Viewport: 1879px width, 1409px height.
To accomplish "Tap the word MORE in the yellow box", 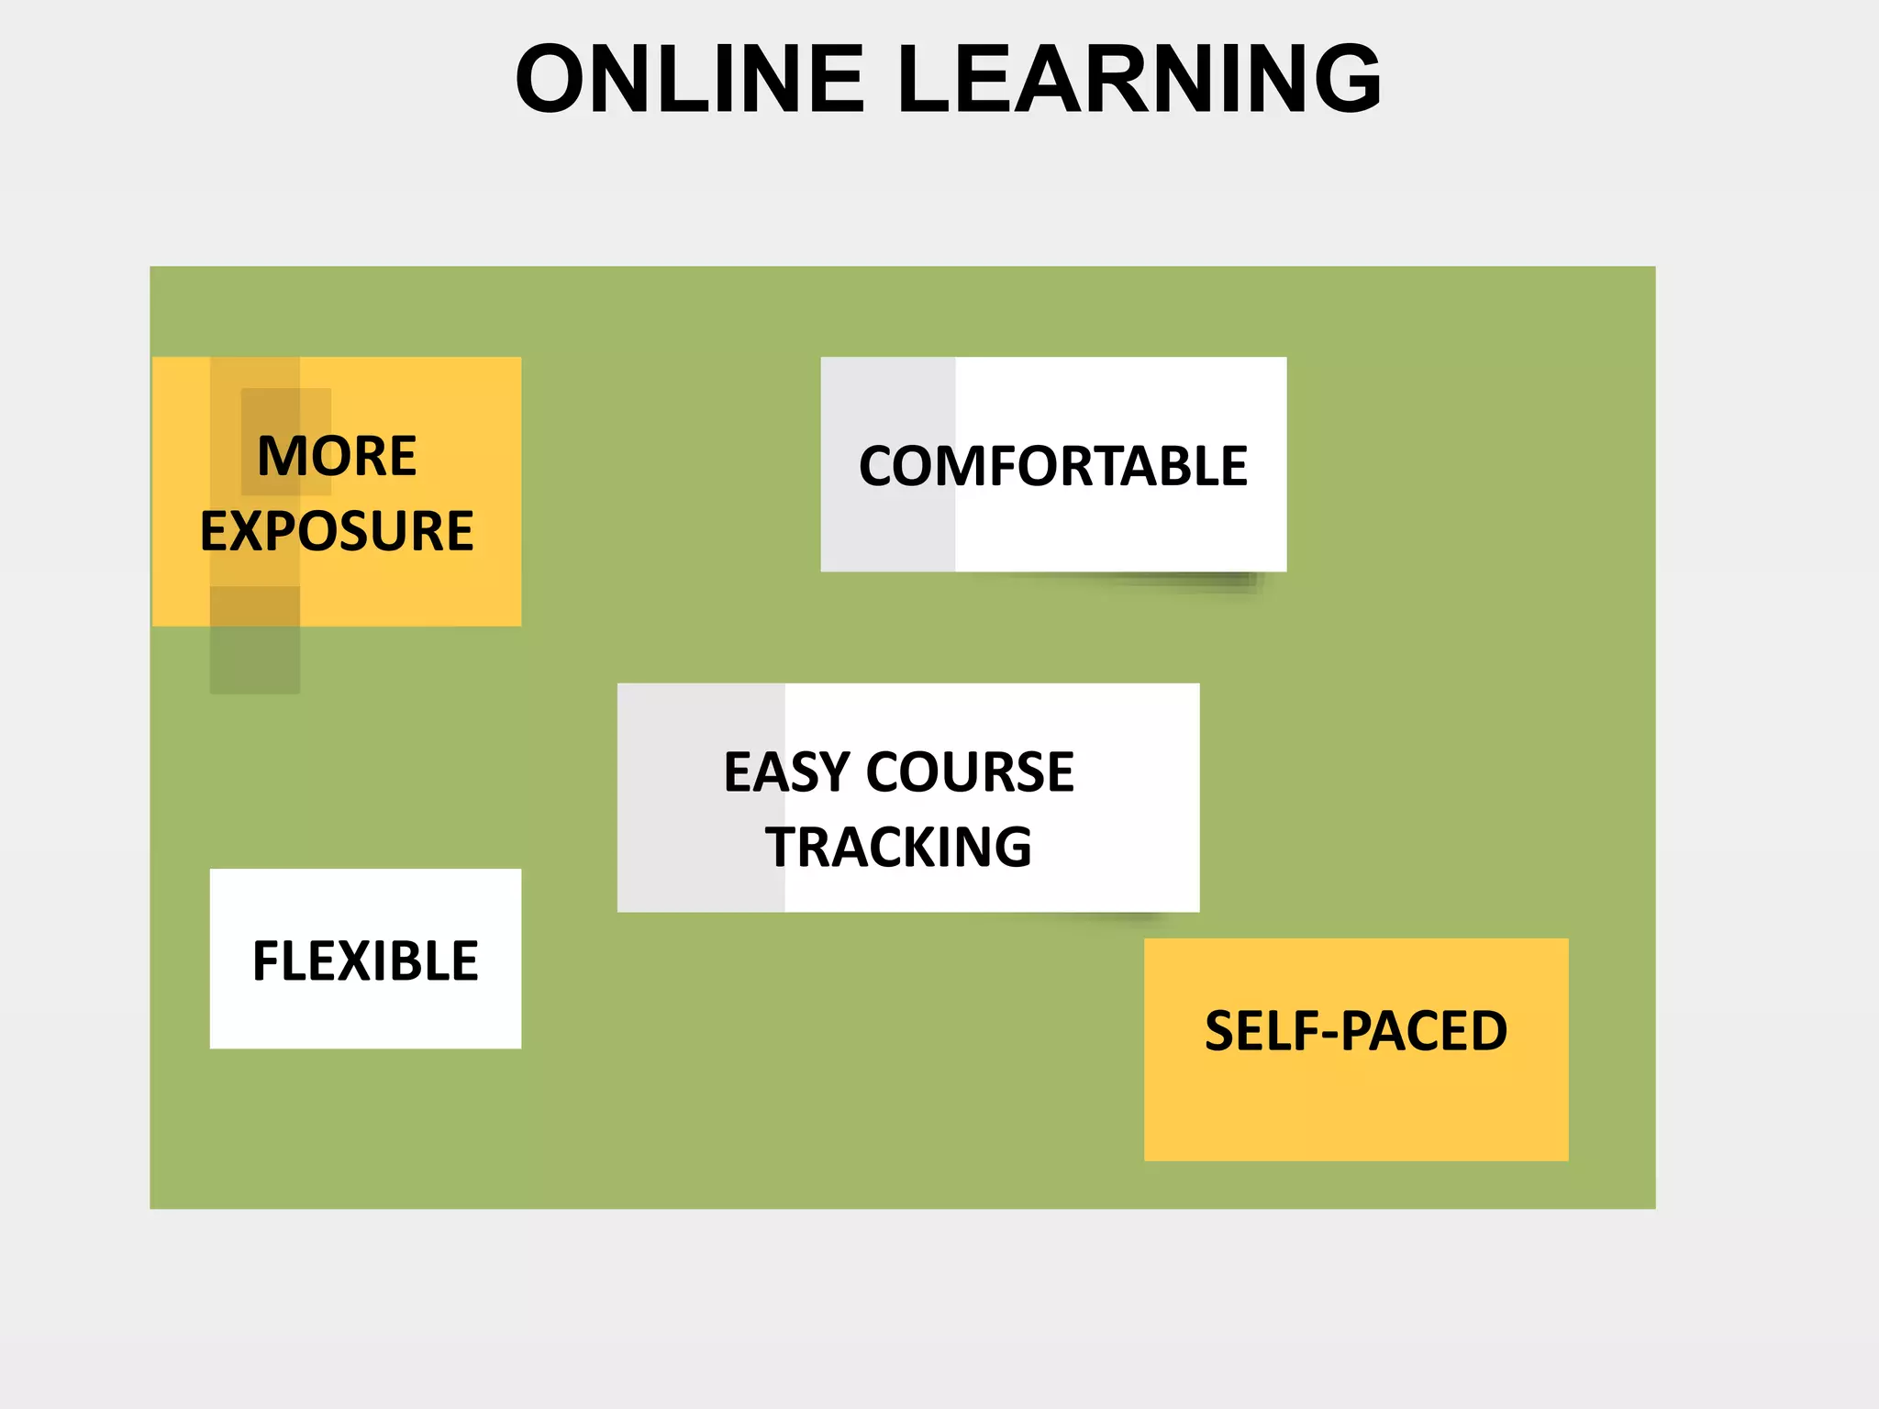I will point(337,456).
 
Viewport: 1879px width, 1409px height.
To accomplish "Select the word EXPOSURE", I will point(337,531).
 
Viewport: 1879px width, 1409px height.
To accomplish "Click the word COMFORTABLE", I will point(1052,466).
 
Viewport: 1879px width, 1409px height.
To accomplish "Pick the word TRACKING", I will point(898,847).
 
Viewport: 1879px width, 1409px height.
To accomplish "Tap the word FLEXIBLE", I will point(365,961).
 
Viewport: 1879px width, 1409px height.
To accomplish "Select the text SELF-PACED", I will point(1355,1031).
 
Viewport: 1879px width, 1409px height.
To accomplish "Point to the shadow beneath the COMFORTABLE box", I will point(1184,582).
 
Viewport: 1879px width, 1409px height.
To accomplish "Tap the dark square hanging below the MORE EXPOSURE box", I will point(255,660).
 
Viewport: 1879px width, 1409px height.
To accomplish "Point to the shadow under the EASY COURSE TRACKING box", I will point(1110,917).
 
